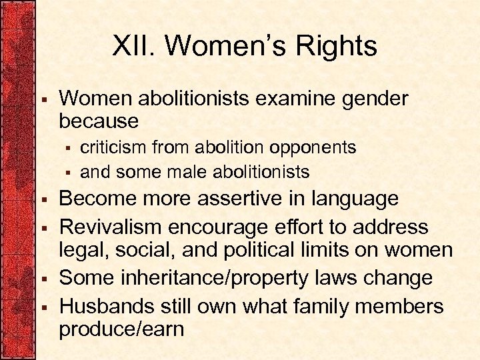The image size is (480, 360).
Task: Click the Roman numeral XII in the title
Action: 133,47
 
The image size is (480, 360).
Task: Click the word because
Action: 99,121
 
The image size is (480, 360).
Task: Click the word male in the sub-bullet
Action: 188,173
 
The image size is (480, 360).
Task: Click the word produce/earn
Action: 121,329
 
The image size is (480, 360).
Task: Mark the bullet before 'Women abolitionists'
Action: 42,99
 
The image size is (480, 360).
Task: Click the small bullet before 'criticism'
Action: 67,147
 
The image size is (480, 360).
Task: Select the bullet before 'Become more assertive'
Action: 42,199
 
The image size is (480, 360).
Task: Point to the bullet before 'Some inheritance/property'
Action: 42,278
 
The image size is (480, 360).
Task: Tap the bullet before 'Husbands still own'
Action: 42,307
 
